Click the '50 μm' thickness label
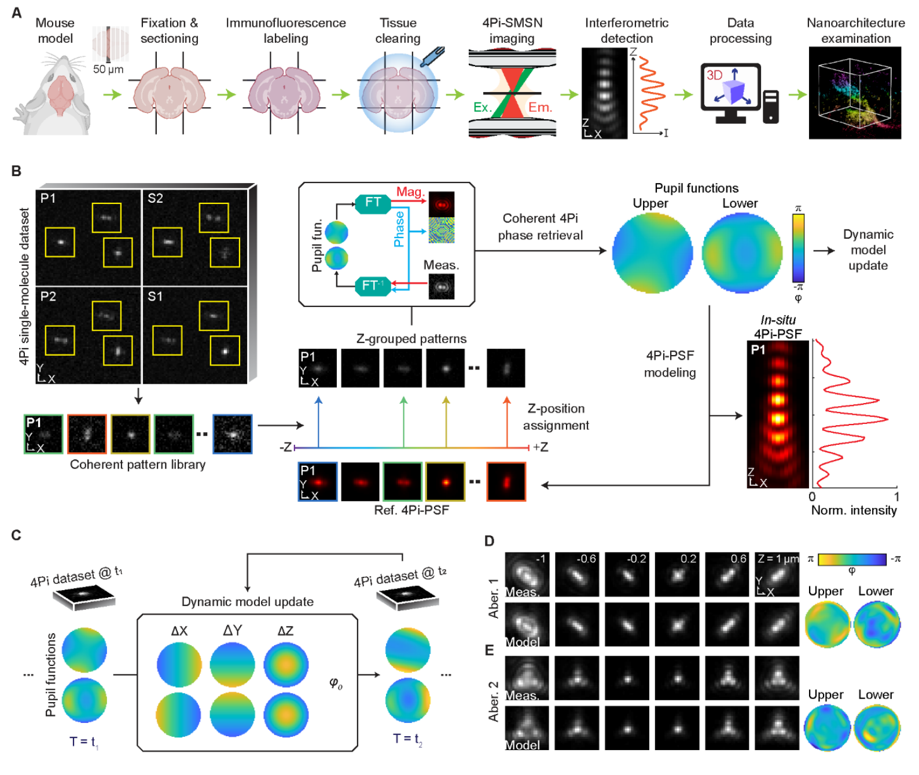pos(108,69)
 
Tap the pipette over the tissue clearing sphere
pos(433,56)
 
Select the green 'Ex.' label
pos(483,107)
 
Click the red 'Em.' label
pos(540,107)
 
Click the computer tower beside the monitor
pos(770,107)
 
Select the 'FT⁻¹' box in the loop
pos(373,286)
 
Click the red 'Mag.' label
pos(410,192)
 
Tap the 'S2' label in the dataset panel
pos(155,198)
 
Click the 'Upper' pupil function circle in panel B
pos(652,253)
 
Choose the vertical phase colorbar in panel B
pos(798,248)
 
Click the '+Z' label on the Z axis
pos(541,447)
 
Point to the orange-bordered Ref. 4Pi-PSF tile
pos(506,481)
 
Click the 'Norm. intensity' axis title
pos(854,510)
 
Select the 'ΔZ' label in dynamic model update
pos(286,631)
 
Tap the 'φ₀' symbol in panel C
pos(336,683)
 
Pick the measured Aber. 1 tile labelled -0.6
pos(576,575)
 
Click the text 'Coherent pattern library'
pos(138,465)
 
